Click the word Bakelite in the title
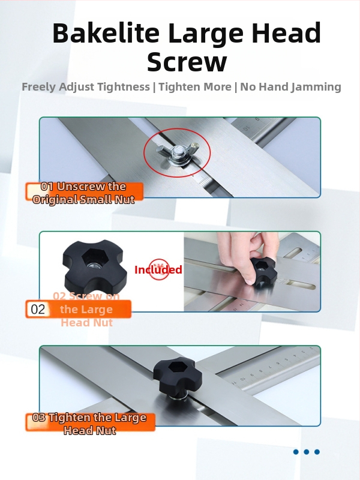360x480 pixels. [x=106, y=33]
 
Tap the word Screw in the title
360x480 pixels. [x=187, y=62]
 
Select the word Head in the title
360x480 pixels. [x=287, y=33]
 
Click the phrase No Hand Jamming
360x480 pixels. [x=290, y=87]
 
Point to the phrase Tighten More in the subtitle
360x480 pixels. [x=194, y=87]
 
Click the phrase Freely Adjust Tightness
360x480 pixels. [x=86, y=87]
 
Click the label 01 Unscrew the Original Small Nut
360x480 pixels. [x=84, y=193]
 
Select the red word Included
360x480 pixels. [x=158, y=269]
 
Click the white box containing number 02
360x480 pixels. [x=37, y=309]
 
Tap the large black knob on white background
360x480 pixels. [x=95, y=265]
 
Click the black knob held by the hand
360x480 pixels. [x=263, y=271]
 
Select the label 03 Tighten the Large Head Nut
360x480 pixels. [x=90, y=424]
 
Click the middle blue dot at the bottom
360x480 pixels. [x=307, y=452]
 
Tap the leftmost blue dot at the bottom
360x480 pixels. [x=296, y=452]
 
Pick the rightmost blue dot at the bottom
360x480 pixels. [x=317, y=452]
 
